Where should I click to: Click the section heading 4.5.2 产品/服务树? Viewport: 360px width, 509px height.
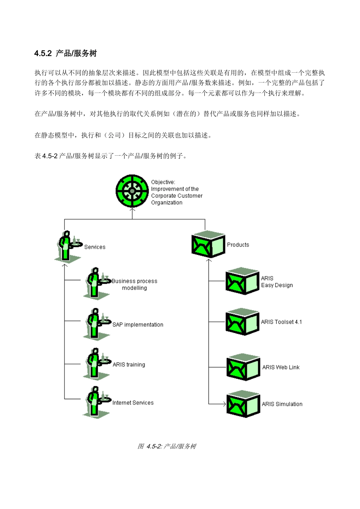click(65, 53)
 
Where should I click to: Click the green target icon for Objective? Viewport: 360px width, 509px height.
click(132, 191)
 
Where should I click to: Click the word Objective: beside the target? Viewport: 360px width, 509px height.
click(163, 182)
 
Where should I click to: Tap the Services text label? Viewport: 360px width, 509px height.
click(95, 247)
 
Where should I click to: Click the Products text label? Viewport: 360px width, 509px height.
click(238, 245)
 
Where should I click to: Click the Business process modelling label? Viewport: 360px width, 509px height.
click(135, 284)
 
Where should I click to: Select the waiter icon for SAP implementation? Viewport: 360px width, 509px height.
click(96, 324)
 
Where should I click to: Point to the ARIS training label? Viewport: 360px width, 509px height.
click(129, 364)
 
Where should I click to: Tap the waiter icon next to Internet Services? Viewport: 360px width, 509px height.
click(96, 402)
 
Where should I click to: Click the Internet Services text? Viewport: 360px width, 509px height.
click(133, 403)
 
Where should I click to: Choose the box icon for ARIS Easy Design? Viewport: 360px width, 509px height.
click(242, 281)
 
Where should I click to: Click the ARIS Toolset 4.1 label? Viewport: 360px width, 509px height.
click(281, 322)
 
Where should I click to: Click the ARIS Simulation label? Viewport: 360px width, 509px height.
click(282, 404)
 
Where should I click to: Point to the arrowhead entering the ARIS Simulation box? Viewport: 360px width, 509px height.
click(224, 404)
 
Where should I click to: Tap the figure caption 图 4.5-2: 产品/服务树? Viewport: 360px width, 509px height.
click(167, 446)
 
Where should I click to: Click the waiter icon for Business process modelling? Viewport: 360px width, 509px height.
click(96, 283)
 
